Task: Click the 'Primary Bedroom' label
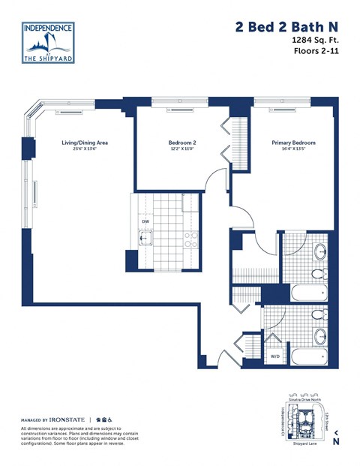tap(293, 143)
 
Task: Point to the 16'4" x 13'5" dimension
tap(293, 149)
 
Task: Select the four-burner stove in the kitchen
tap(190, 239)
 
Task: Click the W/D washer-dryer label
tap(274, 357)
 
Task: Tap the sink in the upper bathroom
tap(319, 250)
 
